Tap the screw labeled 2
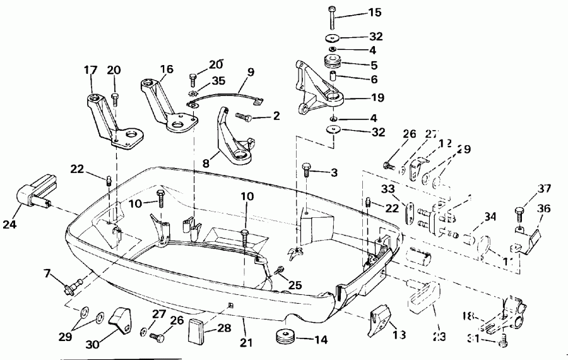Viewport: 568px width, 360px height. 244,117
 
